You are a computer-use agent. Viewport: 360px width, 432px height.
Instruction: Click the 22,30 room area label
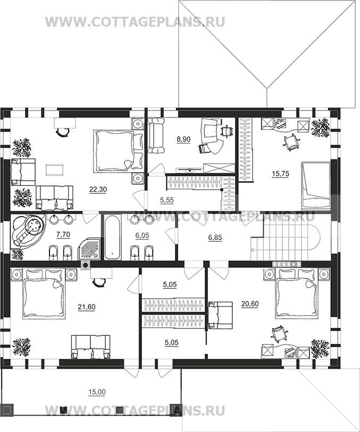[x=98, y=189]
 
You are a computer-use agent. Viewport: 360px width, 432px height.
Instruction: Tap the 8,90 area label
[x=183, y=139]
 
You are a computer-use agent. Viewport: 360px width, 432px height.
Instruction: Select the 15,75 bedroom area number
[x=281, y=174]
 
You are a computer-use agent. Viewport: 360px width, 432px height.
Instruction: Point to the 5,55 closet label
[x=167, y=200]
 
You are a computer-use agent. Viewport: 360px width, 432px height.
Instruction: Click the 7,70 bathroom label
[x=63, y=234]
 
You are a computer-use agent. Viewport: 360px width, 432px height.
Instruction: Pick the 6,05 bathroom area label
[x=142, y=235]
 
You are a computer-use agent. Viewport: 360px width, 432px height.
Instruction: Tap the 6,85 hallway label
[x=215, y=237]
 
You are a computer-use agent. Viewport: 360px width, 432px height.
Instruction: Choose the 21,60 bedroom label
[x=87, y=307]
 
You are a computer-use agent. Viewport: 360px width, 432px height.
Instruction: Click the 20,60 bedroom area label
[x=250, y=303]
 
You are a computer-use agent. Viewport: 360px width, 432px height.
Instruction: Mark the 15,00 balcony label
[x=97, y=392]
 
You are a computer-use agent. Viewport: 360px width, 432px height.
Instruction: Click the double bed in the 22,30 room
[x=119, y=151]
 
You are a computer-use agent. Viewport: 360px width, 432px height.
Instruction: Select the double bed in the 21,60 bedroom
[x=44, y=294]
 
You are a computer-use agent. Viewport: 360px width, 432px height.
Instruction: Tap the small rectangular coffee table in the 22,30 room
[x=55, y=170]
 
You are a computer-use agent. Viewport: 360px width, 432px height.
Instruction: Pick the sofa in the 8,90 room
[x=156, y=135]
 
